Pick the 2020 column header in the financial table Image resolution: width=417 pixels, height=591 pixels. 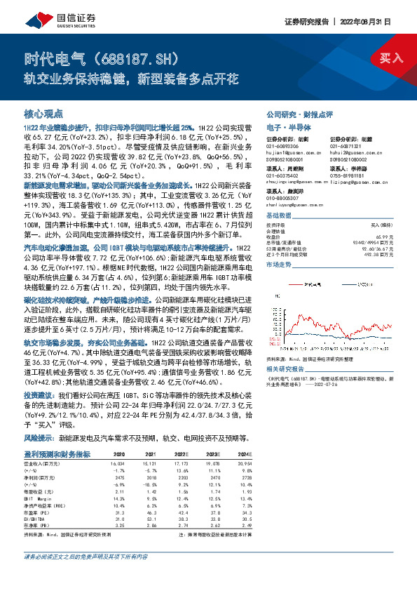pos(119,454)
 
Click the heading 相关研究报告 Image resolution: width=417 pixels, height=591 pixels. pos(287,368)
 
